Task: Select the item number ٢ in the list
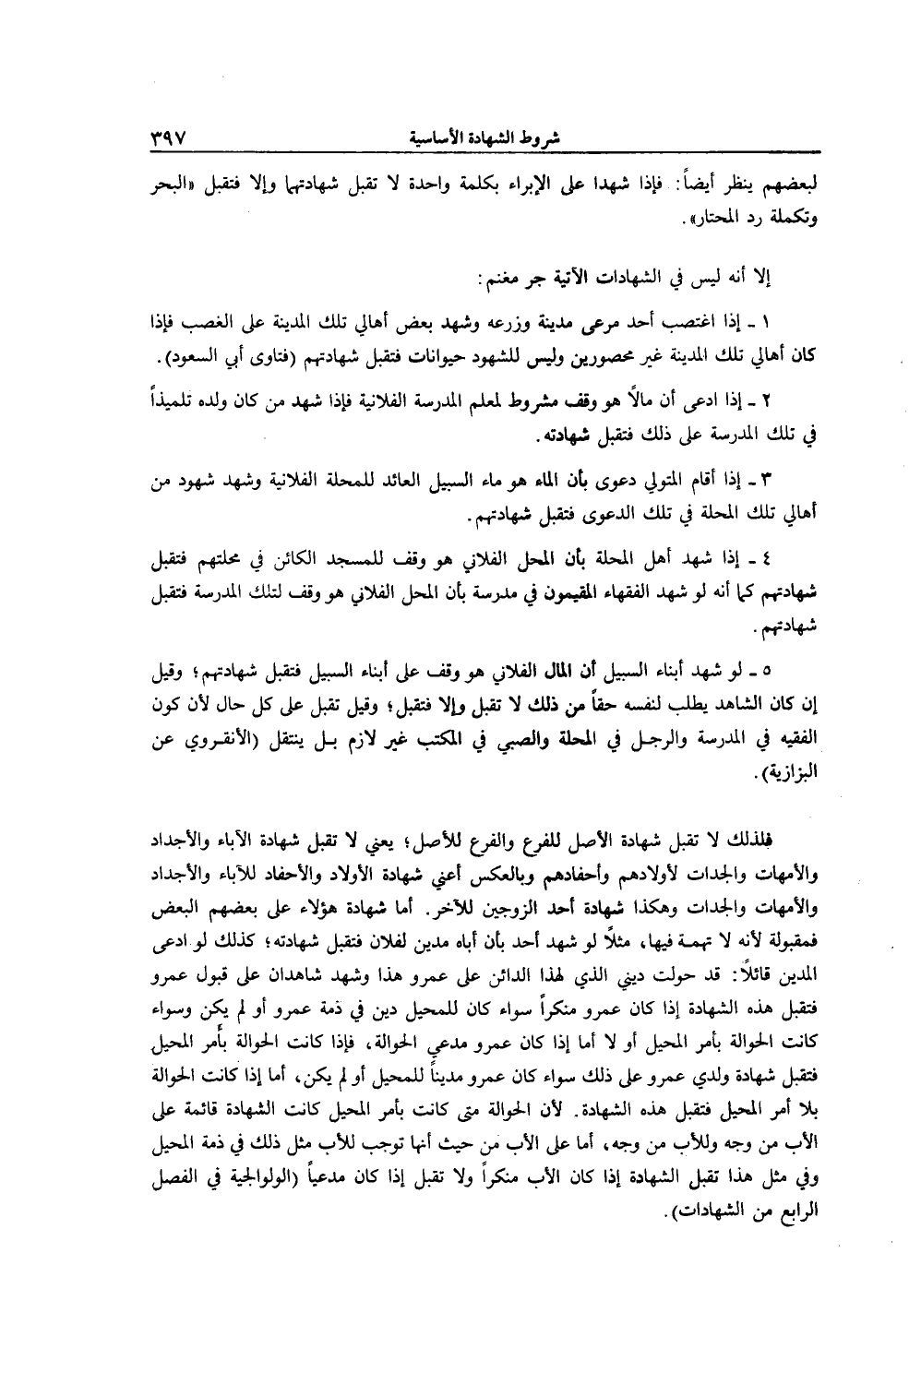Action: tap(766, 400)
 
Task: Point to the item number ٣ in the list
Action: tap(764, 481)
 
